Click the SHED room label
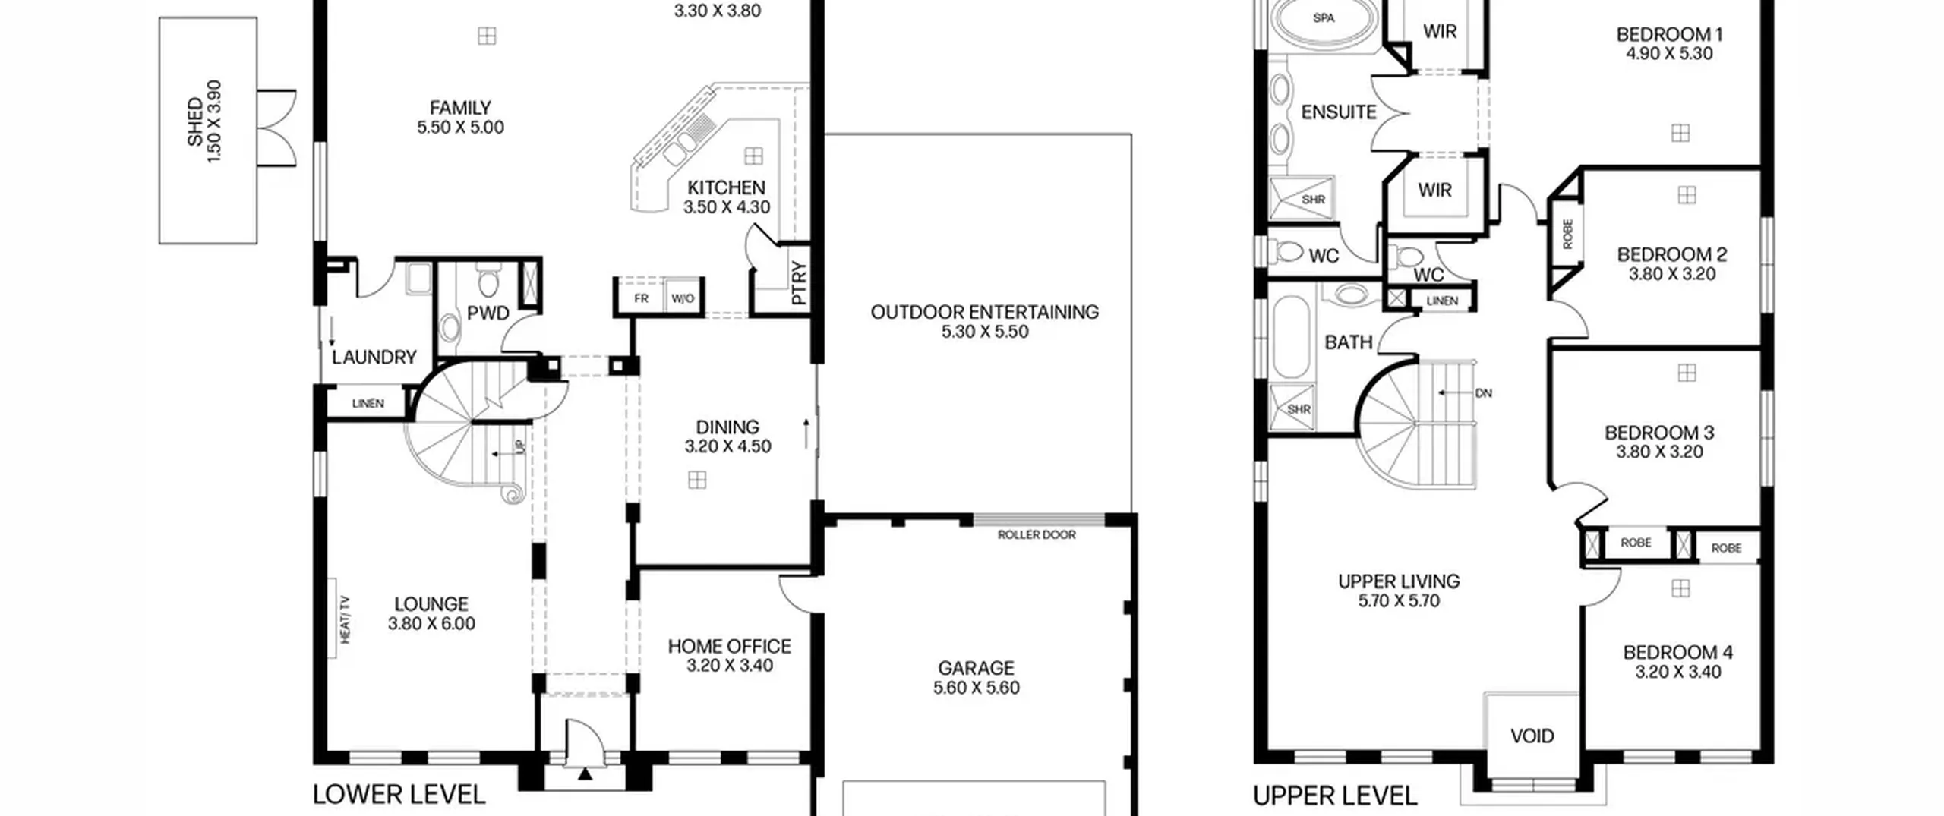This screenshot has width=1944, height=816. pos(195,121)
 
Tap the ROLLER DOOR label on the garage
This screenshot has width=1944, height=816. pos(1037,535)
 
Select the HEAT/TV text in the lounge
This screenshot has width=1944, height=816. pos(346,619)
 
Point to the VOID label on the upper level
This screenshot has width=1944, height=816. pos(1532,736)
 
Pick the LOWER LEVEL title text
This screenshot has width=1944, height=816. pos(399,795)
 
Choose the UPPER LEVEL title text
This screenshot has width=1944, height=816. pos(1335,796)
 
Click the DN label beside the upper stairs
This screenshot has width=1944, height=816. pos(1483,393)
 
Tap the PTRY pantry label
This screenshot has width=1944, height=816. pos(798,283)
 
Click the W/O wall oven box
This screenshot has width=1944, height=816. pos(683,298)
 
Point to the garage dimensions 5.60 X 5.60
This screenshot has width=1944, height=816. pos(977,688)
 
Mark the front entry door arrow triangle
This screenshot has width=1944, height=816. pos(585,775)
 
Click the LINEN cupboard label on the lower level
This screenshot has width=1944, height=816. pos(368,404)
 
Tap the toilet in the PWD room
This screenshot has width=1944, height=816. pos(488,282)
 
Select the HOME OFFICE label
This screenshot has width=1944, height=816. pos(729,647)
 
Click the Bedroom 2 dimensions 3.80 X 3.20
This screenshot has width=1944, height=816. pos(1672,274)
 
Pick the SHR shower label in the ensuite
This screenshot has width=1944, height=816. pos(1313,200)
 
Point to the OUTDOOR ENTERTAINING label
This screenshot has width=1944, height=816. pos(984,312)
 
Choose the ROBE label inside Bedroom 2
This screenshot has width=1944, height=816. pos(1568,234)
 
